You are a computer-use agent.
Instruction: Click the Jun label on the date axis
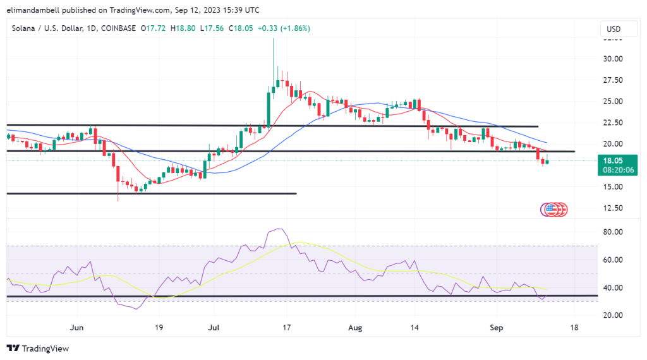click(x=76, y=328)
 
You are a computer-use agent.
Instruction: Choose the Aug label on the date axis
click(x=354, y=328)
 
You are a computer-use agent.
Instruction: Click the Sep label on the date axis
click(x=497, y=328)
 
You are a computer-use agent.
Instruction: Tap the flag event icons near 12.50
click(x=554, y=209)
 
